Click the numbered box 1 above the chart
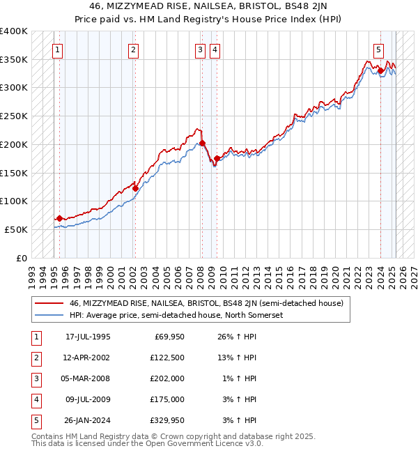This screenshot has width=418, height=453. click(x=56, y=49)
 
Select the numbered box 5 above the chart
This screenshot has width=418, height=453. click(x=378, y=49)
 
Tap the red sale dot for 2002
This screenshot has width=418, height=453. click(x=135, y=187)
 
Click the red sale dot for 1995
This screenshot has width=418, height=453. click(x=59, y=218)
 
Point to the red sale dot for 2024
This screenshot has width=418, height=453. click(x=381, y=70)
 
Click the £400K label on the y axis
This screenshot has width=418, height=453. click(x=14, y=31)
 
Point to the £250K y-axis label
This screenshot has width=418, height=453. click(x=14, y=116)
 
